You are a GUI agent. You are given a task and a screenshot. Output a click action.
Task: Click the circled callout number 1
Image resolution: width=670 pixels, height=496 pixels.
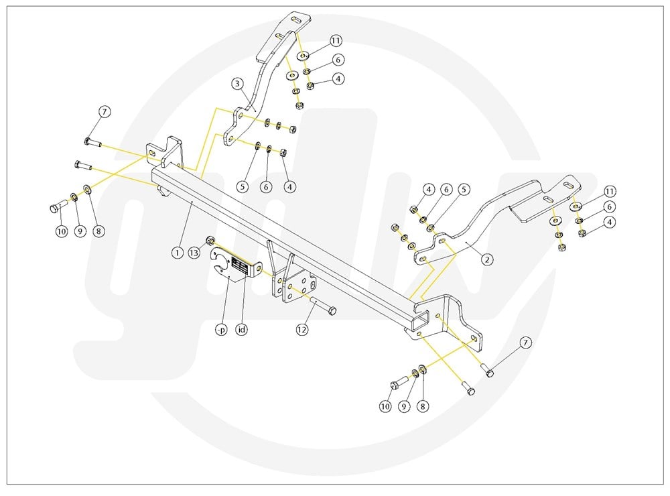coord(177,253)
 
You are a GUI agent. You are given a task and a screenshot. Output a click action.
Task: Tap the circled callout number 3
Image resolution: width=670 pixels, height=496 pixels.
coord(237,84)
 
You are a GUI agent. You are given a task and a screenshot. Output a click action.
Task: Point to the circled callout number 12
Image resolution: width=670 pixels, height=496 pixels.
coord(303,329)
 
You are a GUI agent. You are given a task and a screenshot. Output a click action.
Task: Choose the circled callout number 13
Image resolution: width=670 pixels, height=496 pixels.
coord(194,253)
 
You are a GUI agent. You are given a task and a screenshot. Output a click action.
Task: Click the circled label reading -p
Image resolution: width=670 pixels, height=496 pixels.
coord(220,330)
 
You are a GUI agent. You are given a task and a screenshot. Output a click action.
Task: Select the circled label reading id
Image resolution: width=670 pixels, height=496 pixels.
coord(242,330)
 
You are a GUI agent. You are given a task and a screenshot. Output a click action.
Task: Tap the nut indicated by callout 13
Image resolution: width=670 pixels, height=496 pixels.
coord(210,240)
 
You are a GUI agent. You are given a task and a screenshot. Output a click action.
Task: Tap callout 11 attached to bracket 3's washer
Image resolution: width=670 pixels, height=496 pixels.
coord(336,41)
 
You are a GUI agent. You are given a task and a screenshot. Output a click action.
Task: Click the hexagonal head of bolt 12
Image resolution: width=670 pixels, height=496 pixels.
coord(333,312)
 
